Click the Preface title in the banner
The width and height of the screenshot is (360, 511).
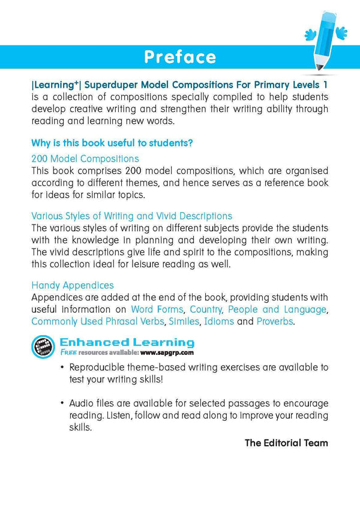point(179,57)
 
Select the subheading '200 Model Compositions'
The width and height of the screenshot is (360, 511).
point(85,159)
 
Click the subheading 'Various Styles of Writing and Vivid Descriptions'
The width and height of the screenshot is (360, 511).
point(131,216)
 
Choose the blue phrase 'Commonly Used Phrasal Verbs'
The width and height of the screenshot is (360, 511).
point(97,322)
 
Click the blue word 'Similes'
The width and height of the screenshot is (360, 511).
point(184,322)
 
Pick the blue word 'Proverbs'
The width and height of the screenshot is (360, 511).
point(275,322)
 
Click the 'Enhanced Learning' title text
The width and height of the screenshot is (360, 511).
point(127,343)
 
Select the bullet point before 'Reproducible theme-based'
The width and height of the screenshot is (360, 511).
point(62,367)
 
